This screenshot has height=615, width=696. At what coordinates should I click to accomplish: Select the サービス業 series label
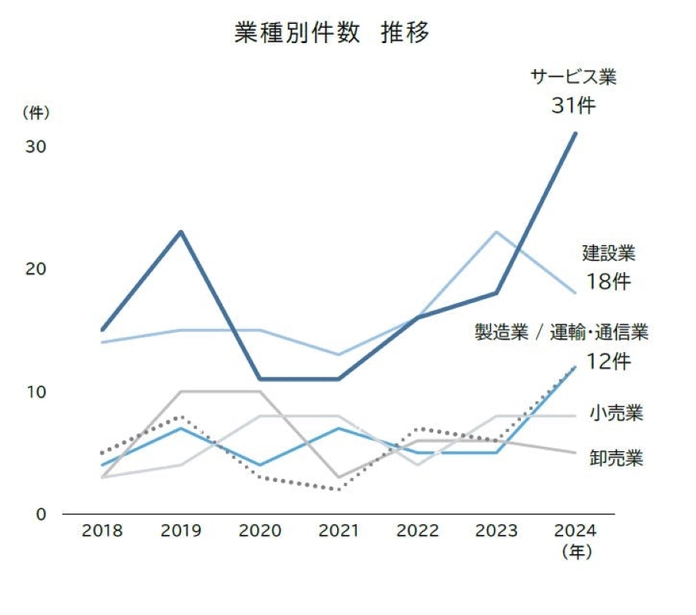573,78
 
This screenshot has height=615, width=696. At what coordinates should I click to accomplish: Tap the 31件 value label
572,106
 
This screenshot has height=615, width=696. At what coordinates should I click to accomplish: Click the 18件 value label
608,281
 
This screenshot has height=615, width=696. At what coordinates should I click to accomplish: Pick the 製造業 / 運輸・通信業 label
562,332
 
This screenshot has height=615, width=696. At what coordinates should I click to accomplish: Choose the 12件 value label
608,361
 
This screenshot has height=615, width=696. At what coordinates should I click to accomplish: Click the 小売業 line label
616,414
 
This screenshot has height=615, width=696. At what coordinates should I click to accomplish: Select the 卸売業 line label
616,459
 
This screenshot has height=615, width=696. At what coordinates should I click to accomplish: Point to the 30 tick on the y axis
36,146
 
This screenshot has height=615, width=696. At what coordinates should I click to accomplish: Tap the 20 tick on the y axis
36,268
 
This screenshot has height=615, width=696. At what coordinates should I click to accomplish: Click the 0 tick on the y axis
41,514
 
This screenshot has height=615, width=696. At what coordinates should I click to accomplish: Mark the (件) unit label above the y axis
35,112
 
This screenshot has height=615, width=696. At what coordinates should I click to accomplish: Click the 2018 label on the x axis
101,531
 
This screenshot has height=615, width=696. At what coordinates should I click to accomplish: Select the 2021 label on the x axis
339,531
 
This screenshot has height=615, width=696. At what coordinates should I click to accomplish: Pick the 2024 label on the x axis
575,531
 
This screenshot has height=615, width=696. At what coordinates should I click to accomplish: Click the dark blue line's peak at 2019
181,231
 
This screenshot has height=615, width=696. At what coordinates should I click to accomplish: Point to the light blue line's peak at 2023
497,231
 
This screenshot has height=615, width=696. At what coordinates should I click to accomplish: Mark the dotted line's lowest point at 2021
339,489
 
